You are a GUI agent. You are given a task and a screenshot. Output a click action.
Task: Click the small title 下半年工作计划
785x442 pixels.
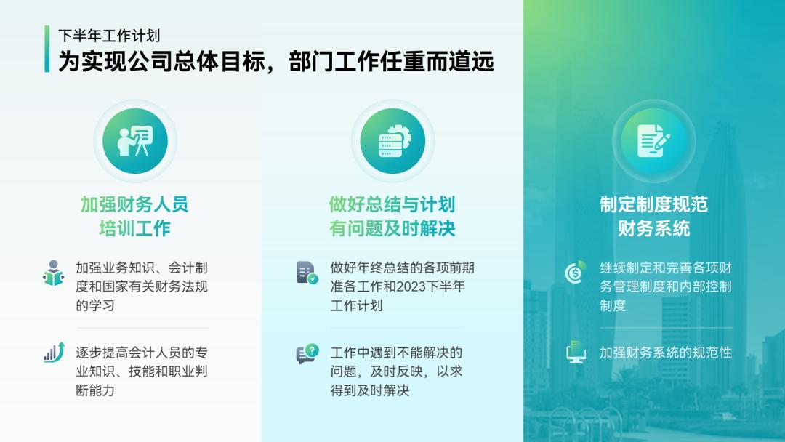pos(109,36)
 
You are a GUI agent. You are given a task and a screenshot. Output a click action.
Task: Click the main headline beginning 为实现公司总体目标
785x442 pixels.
pos(276,61)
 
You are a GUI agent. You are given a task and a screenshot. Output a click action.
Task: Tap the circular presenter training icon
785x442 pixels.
pos(135,141)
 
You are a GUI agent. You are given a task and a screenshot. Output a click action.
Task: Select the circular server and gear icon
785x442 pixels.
pos(392,141)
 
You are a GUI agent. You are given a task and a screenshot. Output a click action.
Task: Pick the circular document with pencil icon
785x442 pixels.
pos(653,141)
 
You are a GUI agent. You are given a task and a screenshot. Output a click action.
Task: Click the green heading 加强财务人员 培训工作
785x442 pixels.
pos(134,217)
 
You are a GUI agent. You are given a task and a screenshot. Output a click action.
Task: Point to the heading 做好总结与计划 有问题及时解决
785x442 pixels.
pos(392,217)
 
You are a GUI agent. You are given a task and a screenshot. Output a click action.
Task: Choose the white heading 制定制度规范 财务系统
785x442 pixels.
pos(653,217)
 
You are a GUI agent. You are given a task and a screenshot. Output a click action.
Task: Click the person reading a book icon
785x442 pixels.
pos(53,273)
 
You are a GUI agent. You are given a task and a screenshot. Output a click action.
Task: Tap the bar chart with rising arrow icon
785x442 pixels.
pos(54,353)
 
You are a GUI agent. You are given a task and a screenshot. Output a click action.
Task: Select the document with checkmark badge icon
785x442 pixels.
pos(307,273)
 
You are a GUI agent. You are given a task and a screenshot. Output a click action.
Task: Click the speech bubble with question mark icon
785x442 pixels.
pos(307,354)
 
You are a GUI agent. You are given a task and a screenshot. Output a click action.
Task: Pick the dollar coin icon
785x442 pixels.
pos(576,272)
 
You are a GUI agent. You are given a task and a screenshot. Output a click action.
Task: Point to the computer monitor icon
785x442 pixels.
pos(576,353)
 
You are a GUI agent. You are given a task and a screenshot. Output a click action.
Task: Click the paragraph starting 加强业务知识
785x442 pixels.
pos(142,286)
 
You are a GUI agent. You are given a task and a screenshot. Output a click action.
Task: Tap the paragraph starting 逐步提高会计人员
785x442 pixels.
pos(142,371)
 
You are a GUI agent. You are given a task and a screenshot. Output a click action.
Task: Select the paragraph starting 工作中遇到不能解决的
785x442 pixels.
pos(396,371)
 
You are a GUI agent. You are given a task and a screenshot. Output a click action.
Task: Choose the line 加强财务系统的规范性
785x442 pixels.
pos(665,353)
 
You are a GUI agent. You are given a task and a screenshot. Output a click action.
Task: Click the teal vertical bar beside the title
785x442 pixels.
pos(47,49)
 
